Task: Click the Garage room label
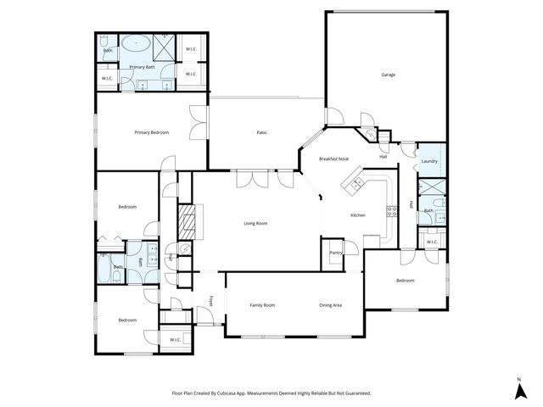click(x=388, y=75)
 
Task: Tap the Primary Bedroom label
click(x=152, y=132)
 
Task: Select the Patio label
click(x=263, y=132)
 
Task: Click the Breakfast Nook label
click(x=333, y=159)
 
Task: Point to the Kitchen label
click(x=358, y=215)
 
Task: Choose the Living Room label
click(x=255, y=223)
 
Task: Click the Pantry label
click(x=336, y=252)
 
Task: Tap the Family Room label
click(x=262, y=305)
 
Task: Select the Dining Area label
click(x=330, y=305)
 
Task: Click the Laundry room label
click(x=429, y=161)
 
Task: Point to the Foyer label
click(x=212, y=301)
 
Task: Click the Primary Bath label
click(x=142, y=67)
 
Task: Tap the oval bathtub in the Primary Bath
click(x=134, y=44)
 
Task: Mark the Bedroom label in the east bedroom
click(x=406, y=280)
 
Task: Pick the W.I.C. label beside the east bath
click(x=431, y=242)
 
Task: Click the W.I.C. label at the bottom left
click(x=176, y=340)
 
